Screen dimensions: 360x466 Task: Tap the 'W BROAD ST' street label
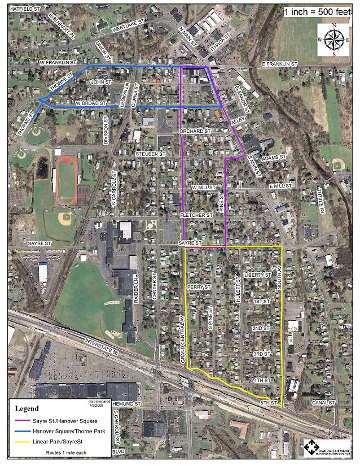click(x=90, y=104)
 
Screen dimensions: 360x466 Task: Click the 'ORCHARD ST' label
click(x=195, y=131)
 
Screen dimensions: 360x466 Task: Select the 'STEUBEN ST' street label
click(x=150, y=154)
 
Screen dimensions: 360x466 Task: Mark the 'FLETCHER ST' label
click(x=196, y=215)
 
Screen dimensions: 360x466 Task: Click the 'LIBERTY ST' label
click(x=258, y=275)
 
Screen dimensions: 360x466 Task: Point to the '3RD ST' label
click(x=261, y=354)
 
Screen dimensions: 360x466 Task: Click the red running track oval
click(x=67, y=180)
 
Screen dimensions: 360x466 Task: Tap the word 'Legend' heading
click(x=27, y=408)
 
